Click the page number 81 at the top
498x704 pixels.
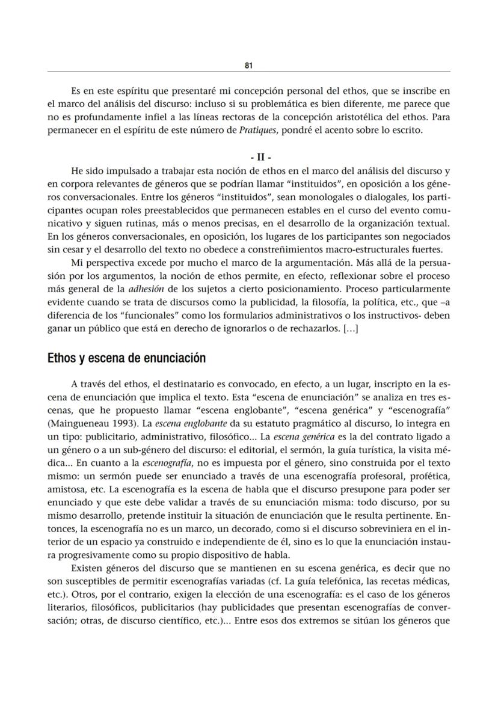[248, 66]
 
